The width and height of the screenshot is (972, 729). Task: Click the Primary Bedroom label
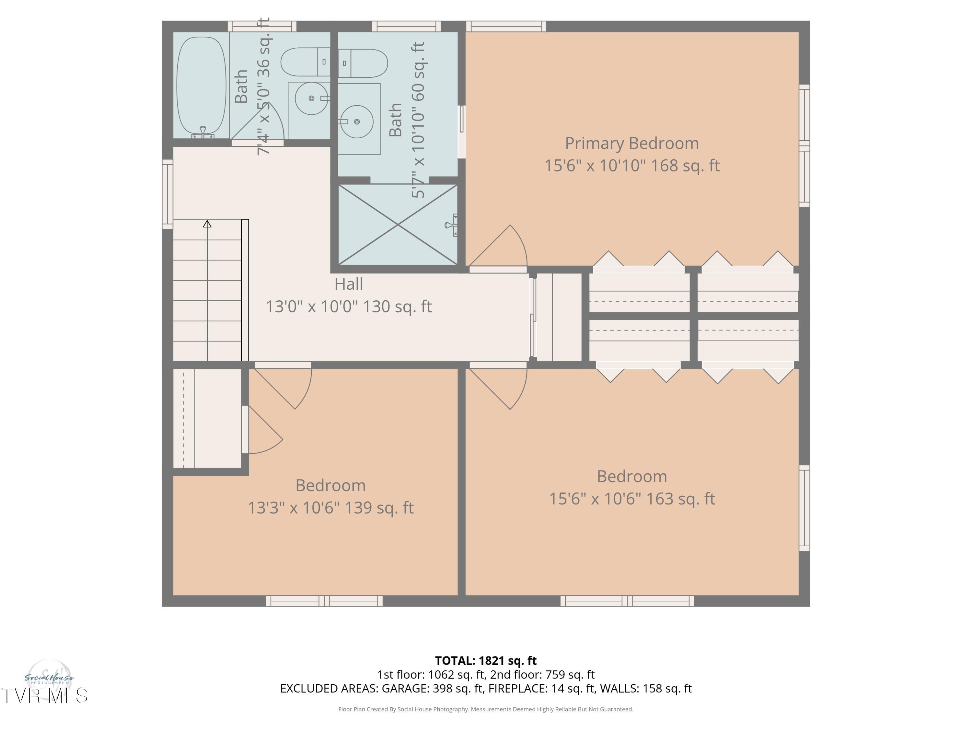[x=631, y=144]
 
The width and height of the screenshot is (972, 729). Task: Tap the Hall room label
[x=348, y=284]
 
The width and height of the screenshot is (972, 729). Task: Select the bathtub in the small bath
[x=201, y=86]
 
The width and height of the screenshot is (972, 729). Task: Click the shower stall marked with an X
[x=398, y=225]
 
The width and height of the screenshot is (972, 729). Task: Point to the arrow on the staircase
[x=207, y=224]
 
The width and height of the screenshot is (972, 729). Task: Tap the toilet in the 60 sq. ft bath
[x=363, y=63]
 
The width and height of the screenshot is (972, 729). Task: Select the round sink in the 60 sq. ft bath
[x=357, y=121]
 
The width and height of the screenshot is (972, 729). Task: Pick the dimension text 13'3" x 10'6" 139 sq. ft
[x=330, y=508]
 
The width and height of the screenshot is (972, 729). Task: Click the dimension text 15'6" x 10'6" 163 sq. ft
[x=632, y=499]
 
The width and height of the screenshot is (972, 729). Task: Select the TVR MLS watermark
[x=44, y=696]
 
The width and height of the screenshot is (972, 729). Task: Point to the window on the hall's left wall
[x=168, y=194]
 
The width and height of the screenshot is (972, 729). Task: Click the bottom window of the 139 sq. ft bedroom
[x=324, y=601]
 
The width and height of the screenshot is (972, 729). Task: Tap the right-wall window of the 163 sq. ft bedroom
[x=804, y=507]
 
